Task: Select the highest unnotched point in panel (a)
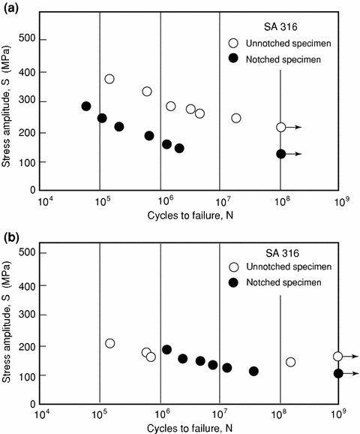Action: coord(109,79)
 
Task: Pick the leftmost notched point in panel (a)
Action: coord(86,107)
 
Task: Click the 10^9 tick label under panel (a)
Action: coord(340,201)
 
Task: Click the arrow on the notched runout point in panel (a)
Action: coord(295,154)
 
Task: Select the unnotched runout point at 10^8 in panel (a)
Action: coord(280,128)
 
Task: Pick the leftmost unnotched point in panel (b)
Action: coord(110,343)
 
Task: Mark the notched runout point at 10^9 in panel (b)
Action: coord(338,373)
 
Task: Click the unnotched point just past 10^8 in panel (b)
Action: coord(290,362)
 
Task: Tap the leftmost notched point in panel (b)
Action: coord(166,350)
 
